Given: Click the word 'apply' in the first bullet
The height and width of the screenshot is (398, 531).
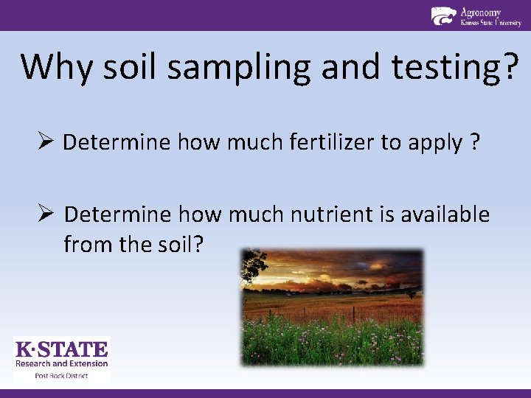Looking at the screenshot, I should (x=434, y=143).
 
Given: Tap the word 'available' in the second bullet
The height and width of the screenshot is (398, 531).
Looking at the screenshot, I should (x=445, y=214).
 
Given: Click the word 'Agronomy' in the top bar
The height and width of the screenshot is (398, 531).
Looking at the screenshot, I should (x=481, y=12).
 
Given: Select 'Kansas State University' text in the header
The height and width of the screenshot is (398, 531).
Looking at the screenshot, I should (x=490, y=23).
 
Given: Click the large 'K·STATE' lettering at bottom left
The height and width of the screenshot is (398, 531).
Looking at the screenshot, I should (x=62, y=349).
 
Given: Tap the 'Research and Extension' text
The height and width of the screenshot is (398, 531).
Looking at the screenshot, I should (x=62, y=363).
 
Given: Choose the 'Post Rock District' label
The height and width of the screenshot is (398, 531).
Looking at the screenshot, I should (x=62, y=376).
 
